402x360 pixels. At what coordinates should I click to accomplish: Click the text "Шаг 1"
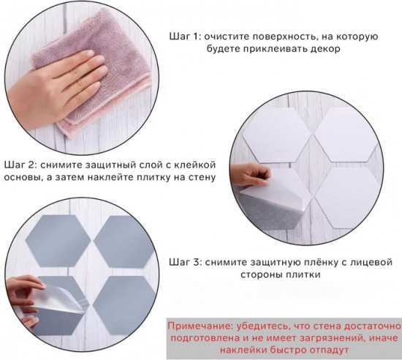coord(184,36)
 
